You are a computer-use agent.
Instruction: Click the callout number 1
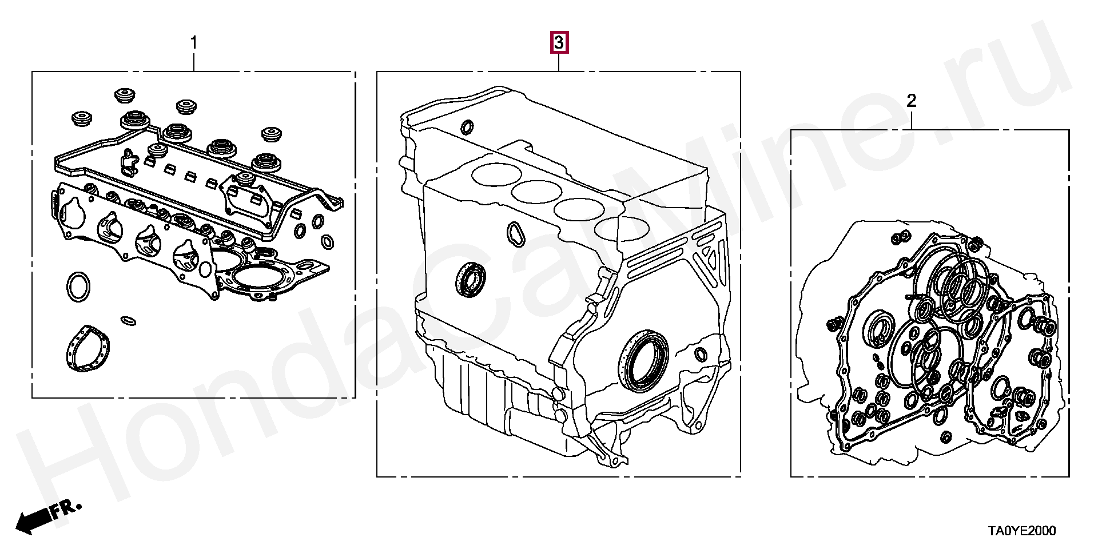pyautogui.click(x=194, y=43)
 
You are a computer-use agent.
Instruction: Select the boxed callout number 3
pyautogui.click(x=559, y=42)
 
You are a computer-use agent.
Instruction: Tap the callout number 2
pyautogui.click(x=912, y=101)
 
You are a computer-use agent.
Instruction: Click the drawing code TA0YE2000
pyautogui.click(x=1022, y=531)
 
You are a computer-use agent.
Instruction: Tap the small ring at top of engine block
pyautogui.click(x=467, y=126)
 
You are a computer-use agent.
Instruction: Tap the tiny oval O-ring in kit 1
pyautogui.click(x=129, y=320)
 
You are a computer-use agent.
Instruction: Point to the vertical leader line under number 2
pyautogui.click(x=912, y=120)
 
